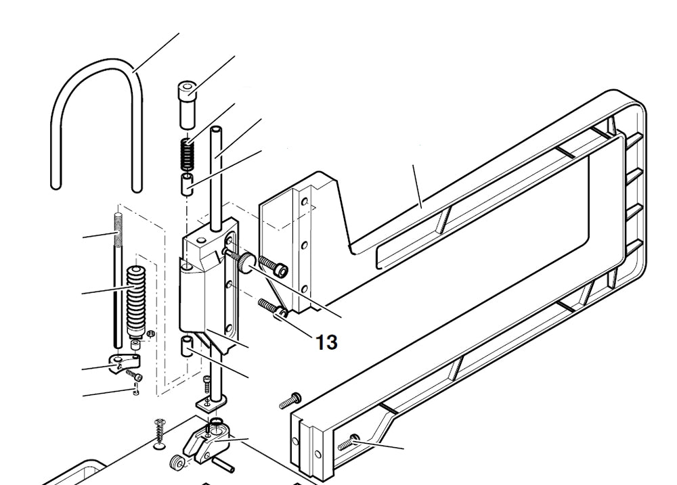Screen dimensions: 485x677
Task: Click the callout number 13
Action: [x=326, y=342]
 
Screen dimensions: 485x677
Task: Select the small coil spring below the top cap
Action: [x=185, y=155]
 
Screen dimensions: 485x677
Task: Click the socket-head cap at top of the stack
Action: [x=188, y=101]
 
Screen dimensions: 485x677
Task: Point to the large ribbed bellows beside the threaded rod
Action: [x=137, y=298]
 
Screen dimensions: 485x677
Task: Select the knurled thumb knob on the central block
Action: [x=244, y=263]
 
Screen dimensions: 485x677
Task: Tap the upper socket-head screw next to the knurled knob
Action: [x=273, y=267]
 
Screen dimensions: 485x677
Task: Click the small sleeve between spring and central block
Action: [x=186, y=183]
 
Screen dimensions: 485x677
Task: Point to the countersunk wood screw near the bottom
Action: [x=160, y=433]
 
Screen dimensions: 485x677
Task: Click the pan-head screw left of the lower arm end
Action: [x=288, y=402]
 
